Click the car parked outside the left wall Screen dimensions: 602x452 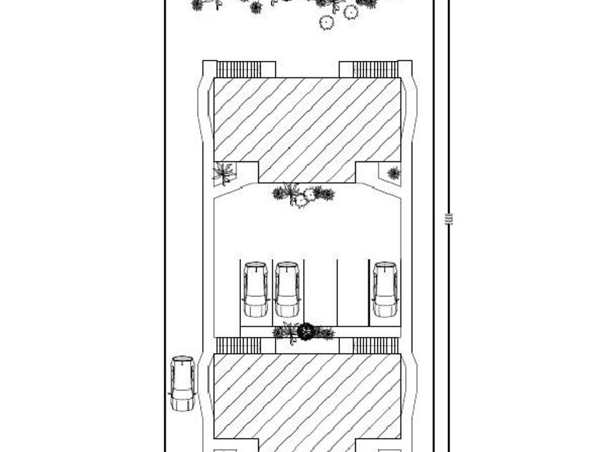coord(183,382)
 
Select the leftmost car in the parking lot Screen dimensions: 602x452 coord(255,289)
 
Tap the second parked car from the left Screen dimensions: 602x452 coord(287,289)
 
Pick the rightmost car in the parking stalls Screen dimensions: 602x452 coord(385,289)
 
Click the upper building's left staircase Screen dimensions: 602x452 coord(239,70)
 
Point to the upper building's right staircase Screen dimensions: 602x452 coord(375,70)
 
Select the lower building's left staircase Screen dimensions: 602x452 coord(239,346)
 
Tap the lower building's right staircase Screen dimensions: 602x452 coord(375,346)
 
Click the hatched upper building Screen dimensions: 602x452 coord(307,122)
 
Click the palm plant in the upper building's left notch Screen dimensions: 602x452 coord(224,173)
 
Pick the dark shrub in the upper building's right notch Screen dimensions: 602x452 coord(393,173)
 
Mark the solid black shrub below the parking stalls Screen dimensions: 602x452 coord(306,331)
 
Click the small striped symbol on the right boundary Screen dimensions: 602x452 coord(449,219)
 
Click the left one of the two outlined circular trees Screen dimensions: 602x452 coord(326,22)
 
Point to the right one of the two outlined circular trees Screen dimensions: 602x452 coord(350,11)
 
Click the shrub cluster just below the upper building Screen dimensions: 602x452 coord(303,194)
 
